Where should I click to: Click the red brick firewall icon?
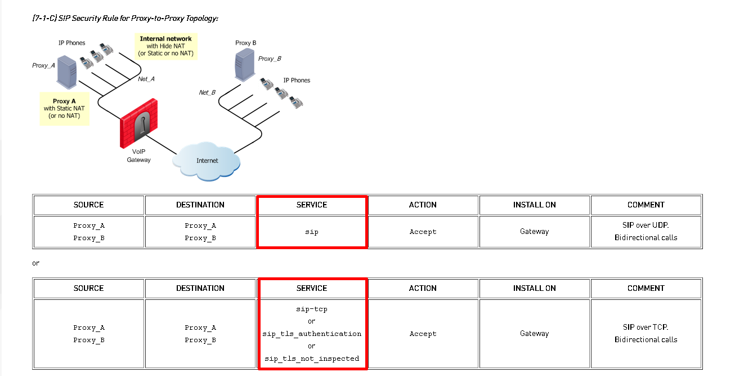pyautogui.click(x=139, y=123)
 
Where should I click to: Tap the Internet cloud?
pyautogui.click(x=207, y=161)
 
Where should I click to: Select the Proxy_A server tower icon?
pyautogui.click(x=67, y=72)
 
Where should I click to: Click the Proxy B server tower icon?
pyautogui.click(x=245, y=65)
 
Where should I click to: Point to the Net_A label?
pyautogui.click(x=146, y=79)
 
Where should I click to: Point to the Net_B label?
pyautogui.click(x=207, y=92)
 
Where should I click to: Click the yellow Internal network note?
pyautogui.click(x=165, y=46)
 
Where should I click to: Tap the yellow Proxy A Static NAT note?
pyautogui.click(x=64, y=108)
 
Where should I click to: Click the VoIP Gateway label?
pyautogui.click(x=138, y=156)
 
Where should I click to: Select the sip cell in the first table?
pyautogui.click(x=312, y=232)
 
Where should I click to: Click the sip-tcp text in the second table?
pyautogui.click(x=312, y=309)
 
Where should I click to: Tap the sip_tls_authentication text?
pyautogui.click(x=312, y=334)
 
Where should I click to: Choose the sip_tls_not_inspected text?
pyautogui.click(x=312, y=359)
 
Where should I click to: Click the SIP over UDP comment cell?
pyautogui.click(x=646, y=232)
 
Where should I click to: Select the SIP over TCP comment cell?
pyautogui.click(x=646, y=333)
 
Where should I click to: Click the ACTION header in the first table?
pyautogui.click(x=423, y=205)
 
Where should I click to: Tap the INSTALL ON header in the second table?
pyautogui.click(x=535, y=288)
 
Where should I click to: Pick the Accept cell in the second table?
pyautogui.click(x=423, y=333)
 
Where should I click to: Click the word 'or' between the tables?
pyautogui.click(x=36, y=263)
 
